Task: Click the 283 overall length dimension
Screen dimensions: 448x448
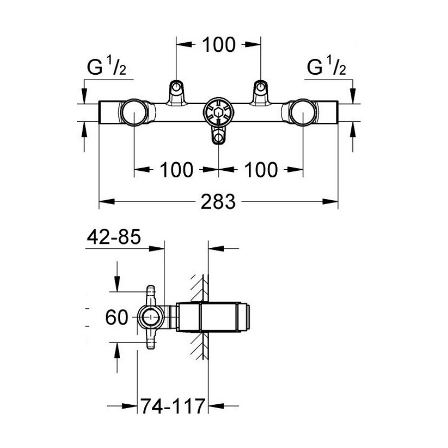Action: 218,202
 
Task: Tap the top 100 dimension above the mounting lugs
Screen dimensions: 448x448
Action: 219,45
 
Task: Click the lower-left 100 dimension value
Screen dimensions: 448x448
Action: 176,170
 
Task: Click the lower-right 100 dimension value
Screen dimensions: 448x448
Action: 261,170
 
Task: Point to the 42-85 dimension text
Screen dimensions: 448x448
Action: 113,237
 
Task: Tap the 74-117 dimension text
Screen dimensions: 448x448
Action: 173,406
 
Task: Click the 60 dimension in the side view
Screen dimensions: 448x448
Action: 116,317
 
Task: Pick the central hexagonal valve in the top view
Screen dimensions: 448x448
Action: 219,112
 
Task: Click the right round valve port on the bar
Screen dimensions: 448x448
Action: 303,112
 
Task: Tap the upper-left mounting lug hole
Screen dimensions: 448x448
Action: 176,86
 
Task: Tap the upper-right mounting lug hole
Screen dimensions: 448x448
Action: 260,86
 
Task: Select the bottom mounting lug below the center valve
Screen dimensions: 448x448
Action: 219,135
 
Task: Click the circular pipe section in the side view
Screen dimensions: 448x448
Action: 150,317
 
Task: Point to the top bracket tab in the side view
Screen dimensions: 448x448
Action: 150,295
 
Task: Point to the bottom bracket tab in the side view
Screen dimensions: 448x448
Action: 150,339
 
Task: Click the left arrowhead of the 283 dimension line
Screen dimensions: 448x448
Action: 107,202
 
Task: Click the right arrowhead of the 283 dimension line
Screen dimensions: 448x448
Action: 331,202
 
